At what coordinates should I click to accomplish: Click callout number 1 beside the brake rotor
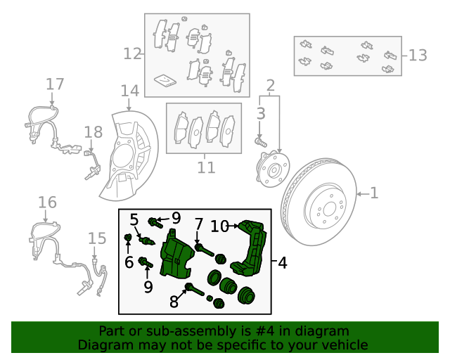point(374,193)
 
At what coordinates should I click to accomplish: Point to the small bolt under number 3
point(259,141)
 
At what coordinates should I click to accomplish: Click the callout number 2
point(270,86)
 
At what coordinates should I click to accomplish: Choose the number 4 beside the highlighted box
point(282,263)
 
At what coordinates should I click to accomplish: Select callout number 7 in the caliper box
point(199,224)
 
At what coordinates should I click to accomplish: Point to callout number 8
point(174,302)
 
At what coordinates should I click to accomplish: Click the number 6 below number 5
point(129,262)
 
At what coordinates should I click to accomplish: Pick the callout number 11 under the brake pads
point(205,167)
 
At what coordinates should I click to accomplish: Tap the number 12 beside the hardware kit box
point(132,53)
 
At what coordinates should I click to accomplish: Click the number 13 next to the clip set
point(418,55)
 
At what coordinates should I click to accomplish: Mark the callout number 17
point(55,84)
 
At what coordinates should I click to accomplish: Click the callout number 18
point(94,131)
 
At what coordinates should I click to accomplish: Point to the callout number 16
point(47,203)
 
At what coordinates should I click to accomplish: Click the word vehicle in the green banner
point(344,345)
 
